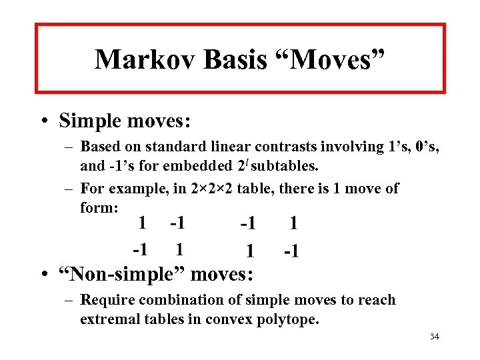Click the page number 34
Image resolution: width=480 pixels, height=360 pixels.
435,337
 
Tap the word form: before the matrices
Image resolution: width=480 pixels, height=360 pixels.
99,207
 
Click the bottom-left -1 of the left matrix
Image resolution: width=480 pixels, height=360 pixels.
139,250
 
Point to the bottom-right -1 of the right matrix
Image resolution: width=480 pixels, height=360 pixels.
291,252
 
